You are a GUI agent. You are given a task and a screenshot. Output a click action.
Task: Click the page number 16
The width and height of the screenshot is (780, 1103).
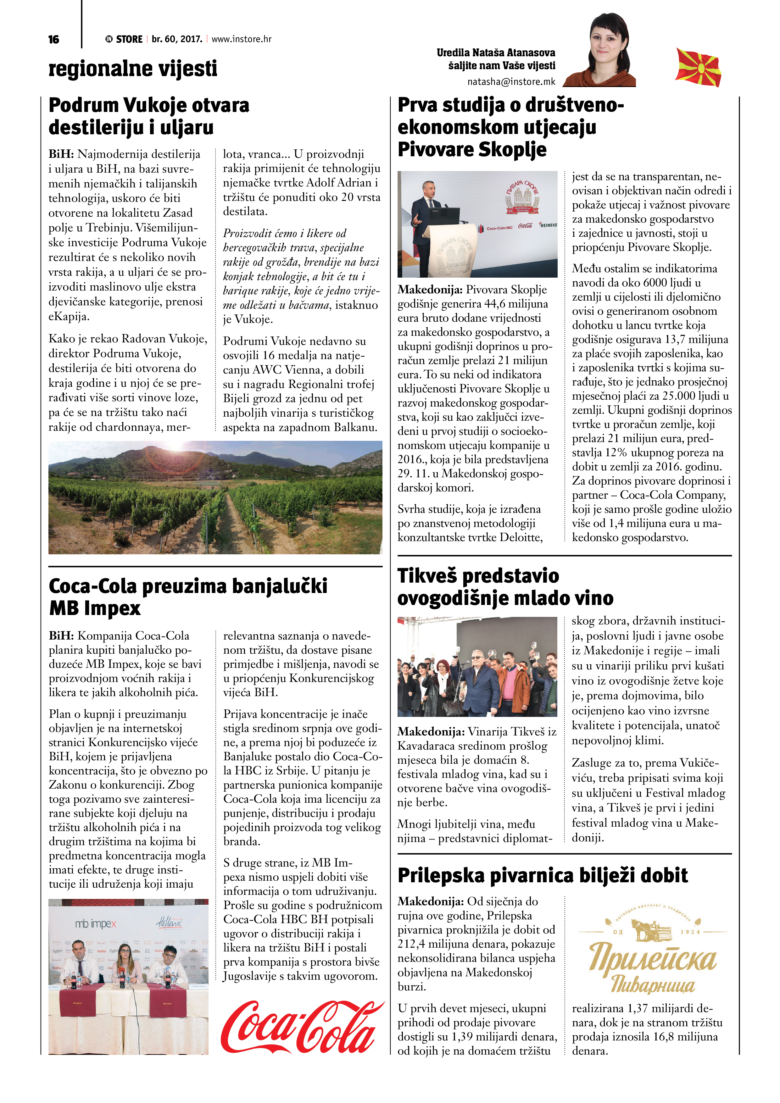tap(54, 39)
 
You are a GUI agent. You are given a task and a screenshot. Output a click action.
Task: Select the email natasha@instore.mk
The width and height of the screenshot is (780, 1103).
tap(511, 82)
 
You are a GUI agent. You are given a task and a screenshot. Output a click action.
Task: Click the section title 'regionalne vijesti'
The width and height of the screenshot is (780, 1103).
tap(133, 69)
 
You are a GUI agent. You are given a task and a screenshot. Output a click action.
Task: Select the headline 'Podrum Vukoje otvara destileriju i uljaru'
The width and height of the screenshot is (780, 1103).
tap(149, 116)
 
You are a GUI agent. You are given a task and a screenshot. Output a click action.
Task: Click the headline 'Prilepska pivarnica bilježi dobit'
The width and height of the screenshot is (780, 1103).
tap(543, 875)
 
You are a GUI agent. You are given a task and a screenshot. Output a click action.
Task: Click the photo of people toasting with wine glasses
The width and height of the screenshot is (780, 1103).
tap(477, 667)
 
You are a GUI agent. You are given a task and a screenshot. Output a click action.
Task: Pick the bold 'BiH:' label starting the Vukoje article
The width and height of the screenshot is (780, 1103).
tap(61, 154)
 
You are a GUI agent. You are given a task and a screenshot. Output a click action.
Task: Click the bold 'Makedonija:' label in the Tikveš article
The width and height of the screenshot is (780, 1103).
tap(431, 732)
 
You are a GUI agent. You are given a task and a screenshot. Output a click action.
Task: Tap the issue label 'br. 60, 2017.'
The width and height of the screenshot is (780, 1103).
tap(177, 39)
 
